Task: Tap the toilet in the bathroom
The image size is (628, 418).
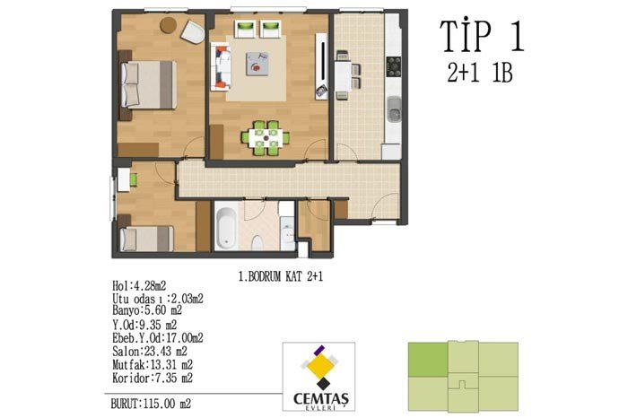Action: click(x=257, y=242)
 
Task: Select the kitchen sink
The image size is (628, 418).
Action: click(x=394, y=109)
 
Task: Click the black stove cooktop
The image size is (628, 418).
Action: click(x=393, y=67)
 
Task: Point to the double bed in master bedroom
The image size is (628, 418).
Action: click(x=149, y=84)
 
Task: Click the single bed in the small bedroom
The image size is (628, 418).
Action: click(x=146, y=239)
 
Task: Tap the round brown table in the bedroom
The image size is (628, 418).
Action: click(x=169, y=25)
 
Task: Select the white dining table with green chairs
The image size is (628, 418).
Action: click(x=266, y=138)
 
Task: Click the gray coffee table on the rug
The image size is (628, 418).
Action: click(x=257, y=64)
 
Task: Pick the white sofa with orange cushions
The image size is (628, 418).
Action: click(x=221, y=67)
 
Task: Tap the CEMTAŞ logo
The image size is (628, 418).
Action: click(x=318, y=377)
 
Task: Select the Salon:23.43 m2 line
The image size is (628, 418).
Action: click(x=150, y=352)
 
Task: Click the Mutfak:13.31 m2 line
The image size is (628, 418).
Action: click(x=153, y=365)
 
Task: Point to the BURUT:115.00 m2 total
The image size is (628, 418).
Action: click(x=151, y=404)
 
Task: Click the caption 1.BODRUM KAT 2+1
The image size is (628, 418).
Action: click(x=280, y=276)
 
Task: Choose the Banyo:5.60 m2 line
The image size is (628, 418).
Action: click(x=147, y=310)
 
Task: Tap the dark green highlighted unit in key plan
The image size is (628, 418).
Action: click(x=428, y=359)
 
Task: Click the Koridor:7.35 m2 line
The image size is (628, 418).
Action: click(x=153, y=378)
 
